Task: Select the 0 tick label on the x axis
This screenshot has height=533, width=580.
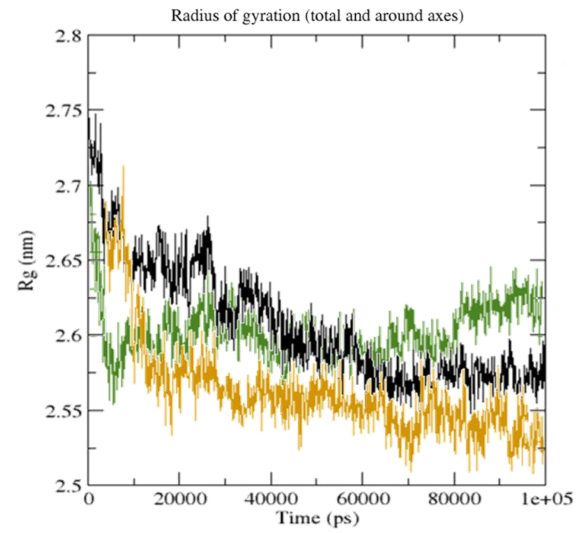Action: [89, 499]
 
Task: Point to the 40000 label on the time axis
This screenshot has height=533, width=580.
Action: [271, 499]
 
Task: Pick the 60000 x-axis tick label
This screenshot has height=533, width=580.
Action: [363, 499]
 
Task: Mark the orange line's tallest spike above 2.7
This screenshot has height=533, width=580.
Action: [124, 167]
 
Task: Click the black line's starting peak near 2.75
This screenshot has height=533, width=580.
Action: [89, 119]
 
